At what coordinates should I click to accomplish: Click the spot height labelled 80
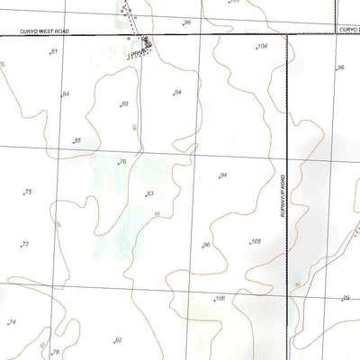[x=124, y=105]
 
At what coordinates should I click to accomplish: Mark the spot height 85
[x=77, y=141]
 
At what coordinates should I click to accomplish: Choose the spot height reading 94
[x=223, y=175]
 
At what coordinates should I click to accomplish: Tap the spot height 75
[x=28, y=193]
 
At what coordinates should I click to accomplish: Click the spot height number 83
[x=149, y=194]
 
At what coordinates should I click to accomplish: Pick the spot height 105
[x=256, y=242]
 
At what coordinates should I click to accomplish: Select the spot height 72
[x=25, y=245]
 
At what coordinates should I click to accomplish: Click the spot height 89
[x=344, y=298]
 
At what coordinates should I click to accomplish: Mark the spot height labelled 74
[x=12, y=322]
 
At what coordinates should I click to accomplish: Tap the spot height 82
[x=117, y=340]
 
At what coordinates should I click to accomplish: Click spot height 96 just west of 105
[x=206, y=245]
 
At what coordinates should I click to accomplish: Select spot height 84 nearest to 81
[x=65, y=94]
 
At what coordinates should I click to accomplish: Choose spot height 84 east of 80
[x=177, y=93]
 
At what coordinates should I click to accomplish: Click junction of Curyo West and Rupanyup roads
[x=286, y=34]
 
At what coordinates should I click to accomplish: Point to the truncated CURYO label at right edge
[x=349, y=29]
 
